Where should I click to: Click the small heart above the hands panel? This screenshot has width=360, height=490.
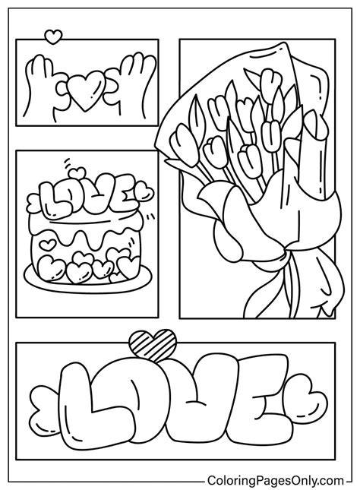point(52,35)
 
